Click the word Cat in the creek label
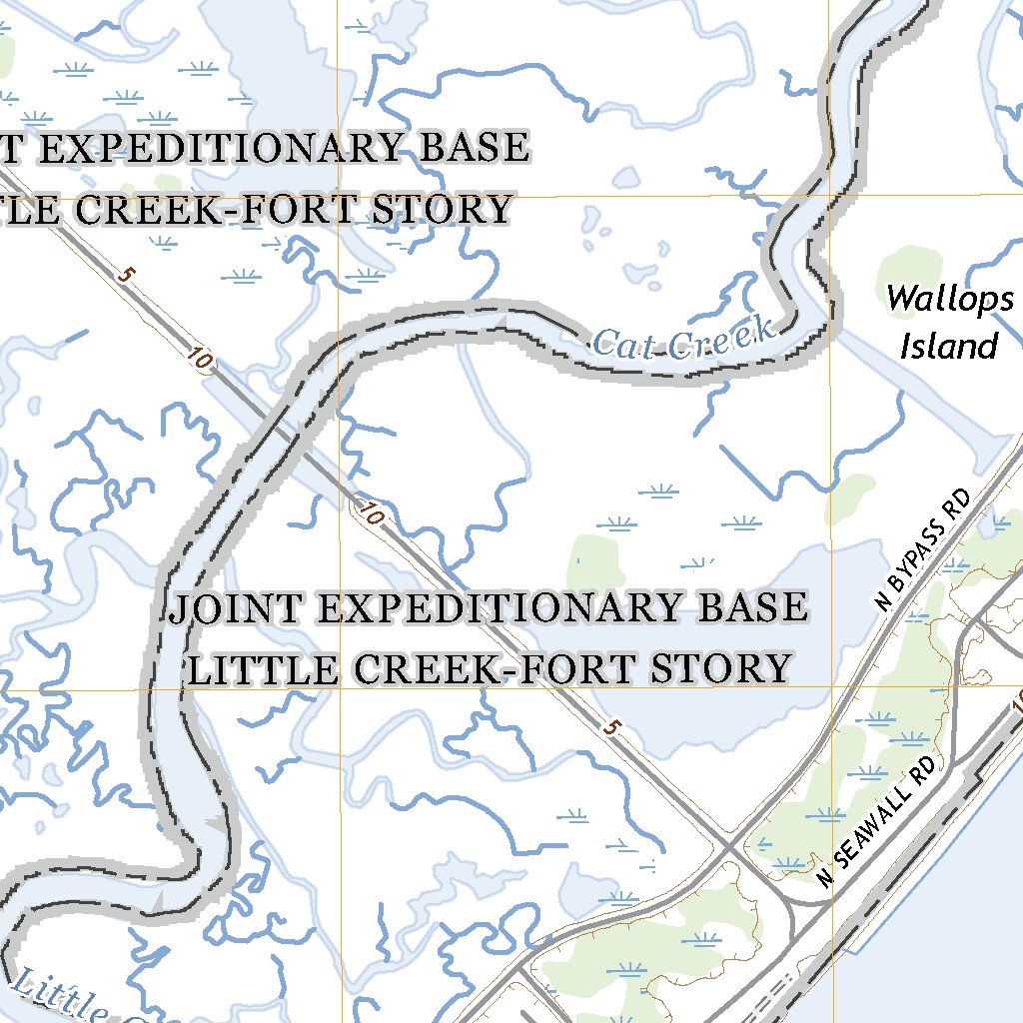(x=625, y=345)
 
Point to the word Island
(x=948, y=347)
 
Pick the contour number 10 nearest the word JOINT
(x=371, y=514)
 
